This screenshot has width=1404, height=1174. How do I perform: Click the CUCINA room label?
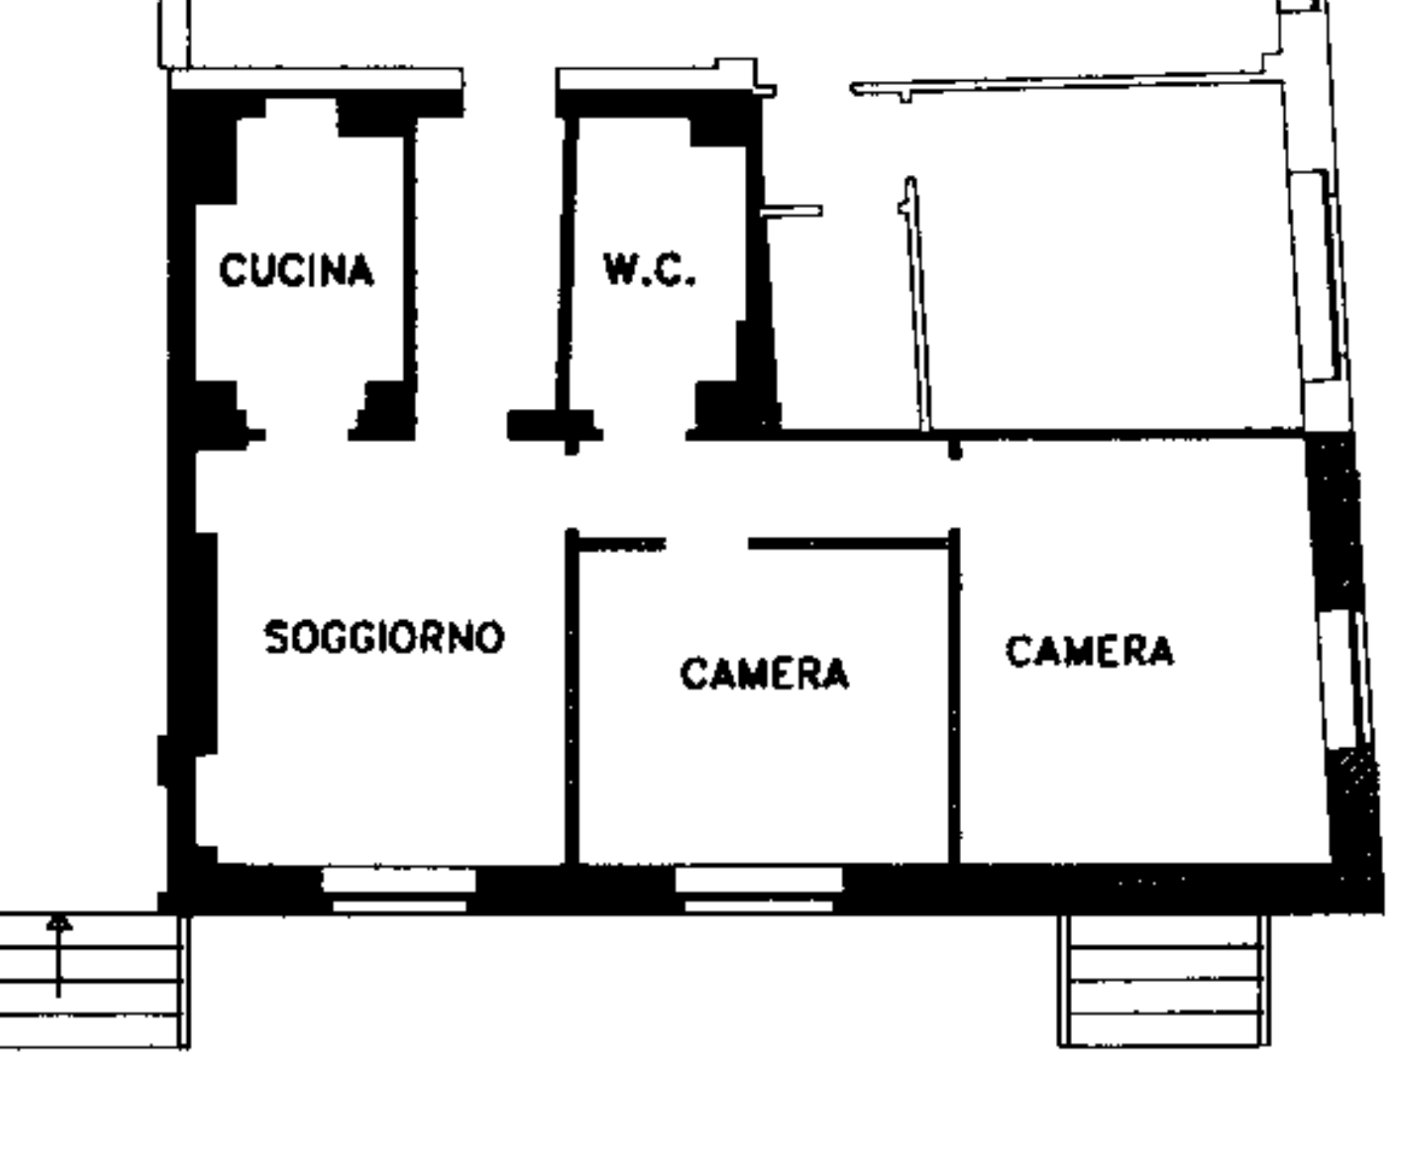pyautogui.click(x=296, y=270)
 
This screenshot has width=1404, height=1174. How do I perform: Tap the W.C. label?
pyautogui.click(x=649, y=270)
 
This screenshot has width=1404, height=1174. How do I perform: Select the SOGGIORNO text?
pyautogui.click(x=385, y=637)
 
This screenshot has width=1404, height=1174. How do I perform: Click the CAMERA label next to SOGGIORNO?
pyautogui.click(x=764, y=674)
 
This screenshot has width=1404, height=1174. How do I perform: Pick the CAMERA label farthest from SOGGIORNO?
pyautogui.click(x=1089, y=651)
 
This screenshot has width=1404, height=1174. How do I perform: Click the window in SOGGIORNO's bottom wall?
pyautogui.click(x=398, y=889)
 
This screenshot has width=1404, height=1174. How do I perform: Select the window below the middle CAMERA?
pyautogui.click(x=759, y=889)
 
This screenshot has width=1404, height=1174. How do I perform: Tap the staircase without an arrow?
pyautogui.click(x=1164, y=980)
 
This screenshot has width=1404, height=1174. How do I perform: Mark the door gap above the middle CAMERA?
pyautogui.click(x=707, y=543)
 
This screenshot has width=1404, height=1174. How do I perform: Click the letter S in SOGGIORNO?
pyautogui.click(x=276, y=637)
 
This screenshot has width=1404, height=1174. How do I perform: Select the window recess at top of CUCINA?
pyautogui.click(x=300, y=108)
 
